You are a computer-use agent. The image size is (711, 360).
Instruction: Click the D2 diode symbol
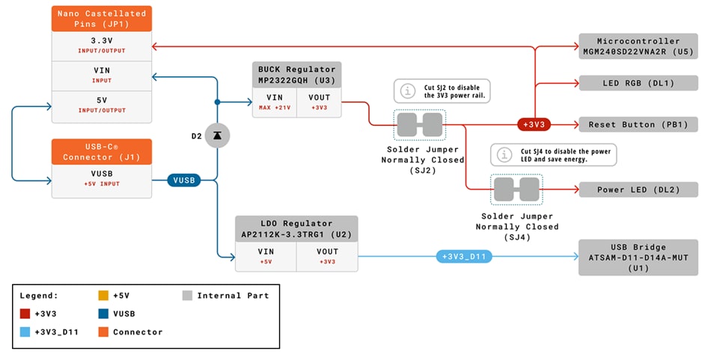point(217,135)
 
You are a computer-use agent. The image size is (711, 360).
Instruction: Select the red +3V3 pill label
point(534,124)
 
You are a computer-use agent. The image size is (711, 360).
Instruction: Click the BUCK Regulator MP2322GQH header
point(296,74)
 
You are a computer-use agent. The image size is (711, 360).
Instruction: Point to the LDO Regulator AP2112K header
point(296,228)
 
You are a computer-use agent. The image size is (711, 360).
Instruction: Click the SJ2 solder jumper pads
point(420,124)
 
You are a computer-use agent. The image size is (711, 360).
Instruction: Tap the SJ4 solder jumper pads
point(516,189)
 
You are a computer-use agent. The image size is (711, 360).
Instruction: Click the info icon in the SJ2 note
point(407,91)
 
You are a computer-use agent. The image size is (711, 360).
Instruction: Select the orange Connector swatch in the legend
point(103,332)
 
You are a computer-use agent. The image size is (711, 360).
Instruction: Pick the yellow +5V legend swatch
point(103,296)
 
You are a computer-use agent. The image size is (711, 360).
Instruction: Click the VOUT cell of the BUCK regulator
point(319,102)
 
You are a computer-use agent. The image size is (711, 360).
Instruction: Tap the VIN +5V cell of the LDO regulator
point(266,257)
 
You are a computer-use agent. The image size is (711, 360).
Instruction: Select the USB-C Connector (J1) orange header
point(101,151)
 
